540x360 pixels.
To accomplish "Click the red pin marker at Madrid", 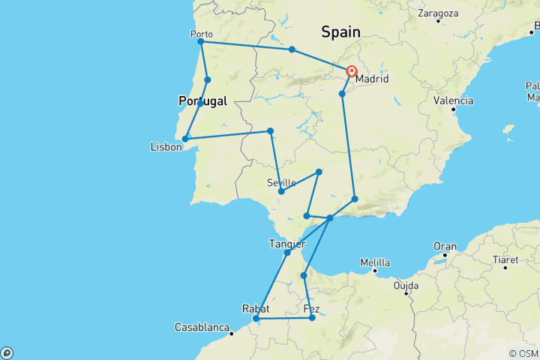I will (352, 71).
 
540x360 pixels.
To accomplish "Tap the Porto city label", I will (202, 34).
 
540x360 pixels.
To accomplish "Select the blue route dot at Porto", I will (201, 41).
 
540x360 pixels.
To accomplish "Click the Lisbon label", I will (166, 147).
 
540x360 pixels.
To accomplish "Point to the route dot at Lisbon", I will (185, 139).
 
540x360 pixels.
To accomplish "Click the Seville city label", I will (281, 182).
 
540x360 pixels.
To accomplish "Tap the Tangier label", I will (286, 244).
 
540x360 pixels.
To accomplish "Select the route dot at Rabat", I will (256, 319).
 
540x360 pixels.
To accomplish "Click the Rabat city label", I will (256, 308).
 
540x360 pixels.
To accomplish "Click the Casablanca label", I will (201, 328).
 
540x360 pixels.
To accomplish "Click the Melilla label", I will (375, 262).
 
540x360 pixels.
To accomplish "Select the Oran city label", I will (445, 246).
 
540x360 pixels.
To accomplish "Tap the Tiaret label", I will (505, 260).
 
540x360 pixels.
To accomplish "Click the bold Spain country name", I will (340, 32).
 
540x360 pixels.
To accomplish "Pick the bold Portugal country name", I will (202, 100).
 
